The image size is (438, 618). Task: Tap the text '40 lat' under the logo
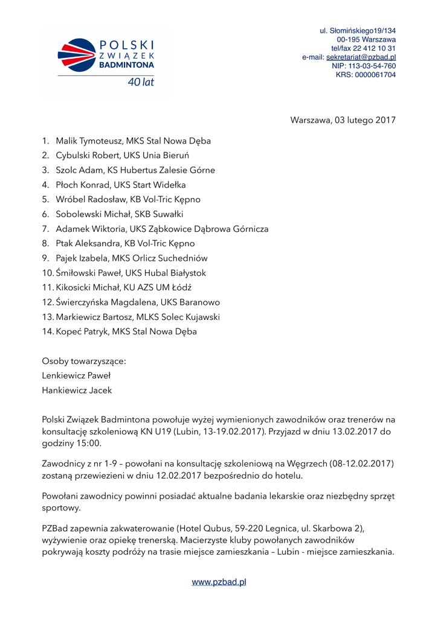coord(140,82)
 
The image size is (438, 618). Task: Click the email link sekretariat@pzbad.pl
coord(361,57)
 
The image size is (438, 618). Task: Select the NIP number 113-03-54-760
coord(372,66)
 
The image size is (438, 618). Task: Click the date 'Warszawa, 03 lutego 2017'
coord(343,119)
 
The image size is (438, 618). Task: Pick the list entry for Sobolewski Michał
coord(119,214)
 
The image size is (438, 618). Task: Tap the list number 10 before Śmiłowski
coord(47,273)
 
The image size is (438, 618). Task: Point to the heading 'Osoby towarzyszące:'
coord(84,362)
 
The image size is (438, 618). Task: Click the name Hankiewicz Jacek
coord(77,390)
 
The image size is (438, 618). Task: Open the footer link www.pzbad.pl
coord(219,582)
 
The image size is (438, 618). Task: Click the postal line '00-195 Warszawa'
coord(366,39)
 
